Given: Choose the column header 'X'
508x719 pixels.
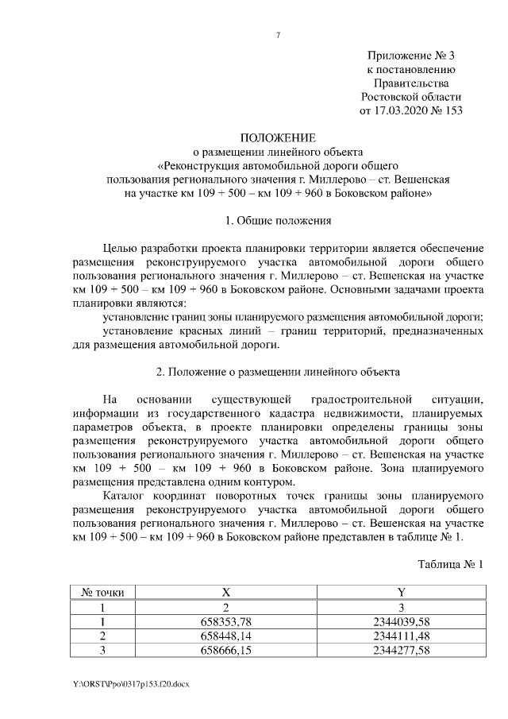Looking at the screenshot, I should click(x=227, y=592).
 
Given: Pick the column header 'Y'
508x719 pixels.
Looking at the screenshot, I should click(x=401, y=592).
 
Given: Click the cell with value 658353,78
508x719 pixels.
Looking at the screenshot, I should click(x=227, y=621).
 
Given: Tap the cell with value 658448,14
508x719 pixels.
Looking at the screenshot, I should click(x=227, y=636).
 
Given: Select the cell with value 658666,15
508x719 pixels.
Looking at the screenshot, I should click(x=227, y=650).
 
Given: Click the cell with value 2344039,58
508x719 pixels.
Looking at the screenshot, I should click(x=401, y=621).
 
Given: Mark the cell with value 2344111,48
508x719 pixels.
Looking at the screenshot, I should click(x=401, y=636).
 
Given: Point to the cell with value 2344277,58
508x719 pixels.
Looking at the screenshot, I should click(x=401, y=650).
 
